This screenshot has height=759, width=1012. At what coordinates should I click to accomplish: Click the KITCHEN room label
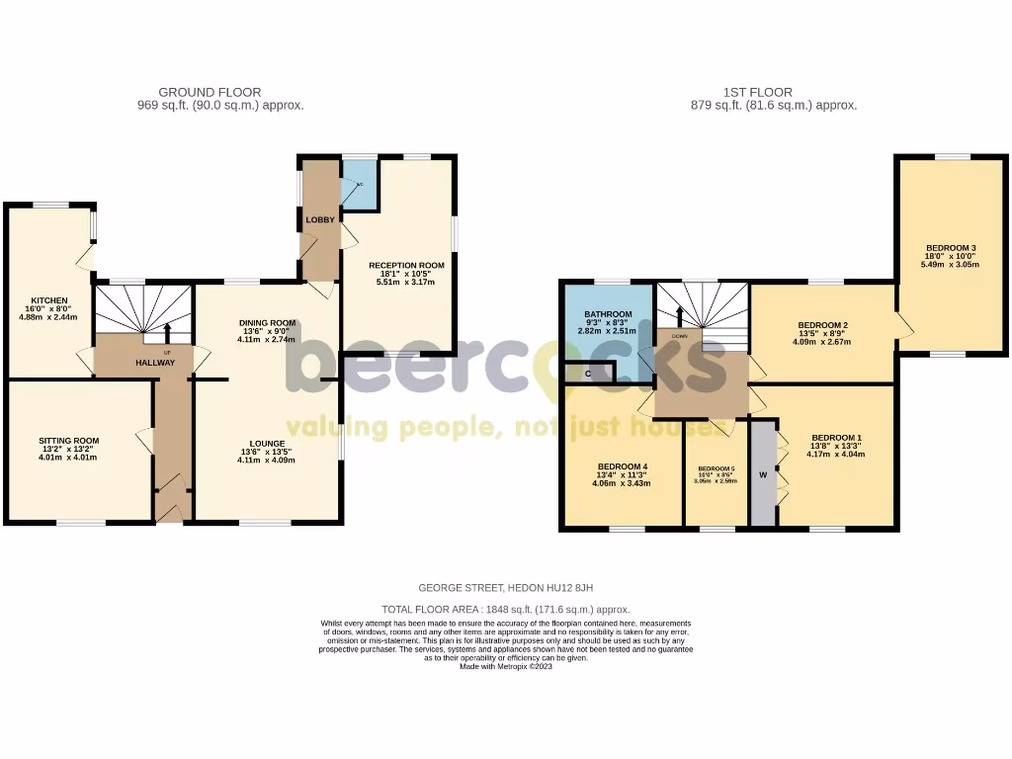click(x=48, y=300)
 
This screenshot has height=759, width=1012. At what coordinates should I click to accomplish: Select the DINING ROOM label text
click(x=267, y=322)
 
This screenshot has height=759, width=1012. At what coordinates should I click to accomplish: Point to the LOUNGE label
click(x=267, y=443)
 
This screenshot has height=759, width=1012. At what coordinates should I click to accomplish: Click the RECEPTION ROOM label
click(x=406, y=266)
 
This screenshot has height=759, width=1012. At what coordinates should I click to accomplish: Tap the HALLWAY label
click(x=155, y=363)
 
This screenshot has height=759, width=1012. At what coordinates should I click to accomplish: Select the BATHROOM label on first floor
click(x=608, y=314)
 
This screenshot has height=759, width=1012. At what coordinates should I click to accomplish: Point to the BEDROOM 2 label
click(x=823, y=325)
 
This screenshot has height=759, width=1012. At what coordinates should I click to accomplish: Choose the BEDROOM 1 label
click(x=836, y=437)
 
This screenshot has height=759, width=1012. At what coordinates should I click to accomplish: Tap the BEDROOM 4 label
click(x=623, y=466)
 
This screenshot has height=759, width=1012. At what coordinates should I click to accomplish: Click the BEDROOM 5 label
click(x=717, y=468)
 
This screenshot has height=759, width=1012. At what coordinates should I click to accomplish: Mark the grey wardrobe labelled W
click(x=763, y=474)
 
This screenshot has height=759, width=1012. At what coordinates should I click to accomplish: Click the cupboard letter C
click(x=588, y=374)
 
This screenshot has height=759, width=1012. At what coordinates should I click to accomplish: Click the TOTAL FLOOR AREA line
click(x=505, y=610)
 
